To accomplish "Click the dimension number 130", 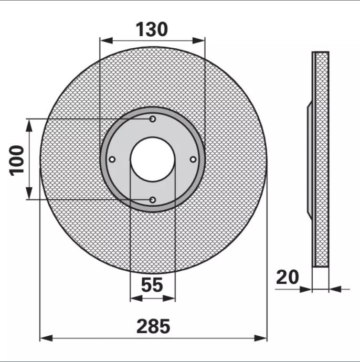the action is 152,29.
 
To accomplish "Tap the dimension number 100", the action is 17,161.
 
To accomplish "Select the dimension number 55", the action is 152,285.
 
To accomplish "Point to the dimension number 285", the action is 153,326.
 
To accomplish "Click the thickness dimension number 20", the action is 287,277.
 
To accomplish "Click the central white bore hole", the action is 152,159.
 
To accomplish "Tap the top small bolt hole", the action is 152,119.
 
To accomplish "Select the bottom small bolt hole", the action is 152,200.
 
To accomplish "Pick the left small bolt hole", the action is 112,159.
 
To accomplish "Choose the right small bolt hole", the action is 193,159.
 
